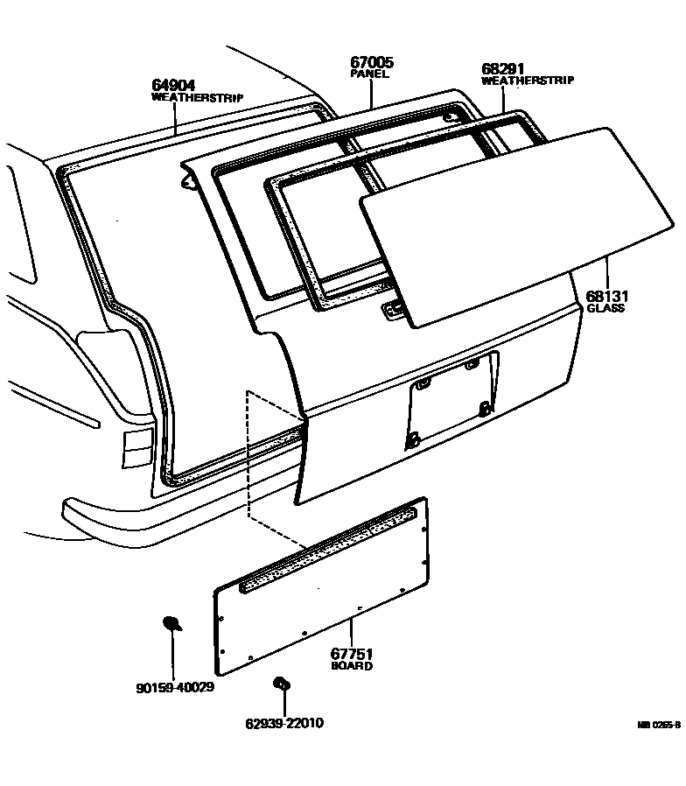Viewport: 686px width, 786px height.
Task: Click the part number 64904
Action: [174, 85]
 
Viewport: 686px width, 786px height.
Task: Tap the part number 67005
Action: [371, 62]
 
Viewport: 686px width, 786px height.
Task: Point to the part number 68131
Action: [606, 296]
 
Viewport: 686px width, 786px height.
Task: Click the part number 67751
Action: [352, 654]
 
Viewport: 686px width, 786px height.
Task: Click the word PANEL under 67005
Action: [369, 75]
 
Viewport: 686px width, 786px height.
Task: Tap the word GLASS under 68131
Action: [605, 308]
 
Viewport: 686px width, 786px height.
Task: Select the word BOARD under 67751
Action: [352, 666]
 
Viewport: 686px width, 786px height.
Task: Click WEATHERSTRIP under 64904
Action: [197, 97]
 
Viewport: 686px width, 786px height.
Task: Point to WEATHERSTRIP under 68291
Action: [528, 81]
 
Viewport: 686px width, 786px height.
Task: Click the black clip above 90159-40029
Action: [171, 623]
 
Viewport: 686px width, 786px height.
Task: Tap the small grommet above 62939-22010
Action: [281, 683]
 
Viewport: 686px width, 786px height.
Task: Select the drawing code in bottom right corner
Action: [658, 725]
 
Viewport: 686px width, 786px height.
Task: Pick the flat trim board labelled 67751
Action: [324, 604]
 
